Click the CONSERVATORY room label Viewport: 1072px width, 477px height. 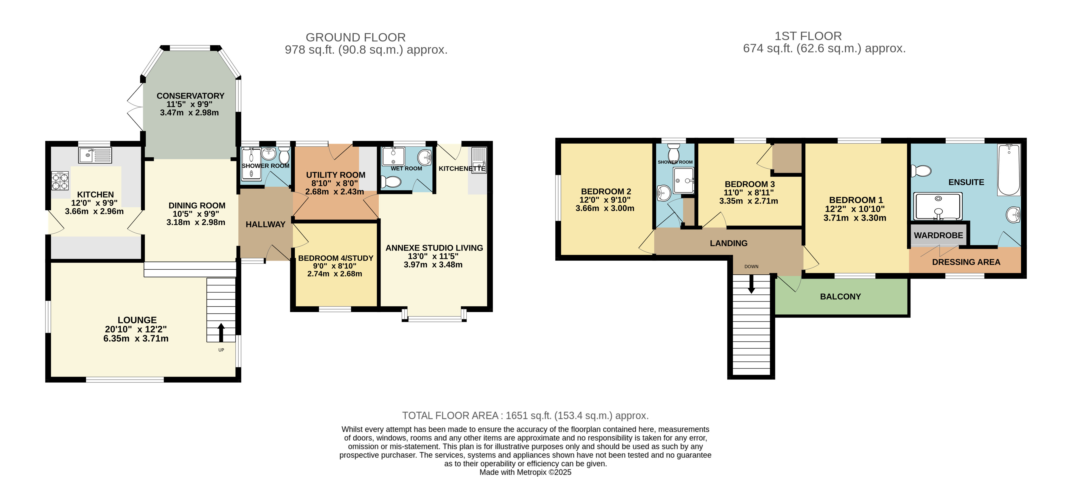tap(190, 96)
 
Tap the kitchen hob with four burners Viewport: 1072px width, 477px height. tap(60, 181)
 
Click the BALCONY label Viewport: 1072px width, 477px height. tap(840, 297)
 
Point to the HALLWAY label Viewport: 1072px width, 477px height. tap(265, 224)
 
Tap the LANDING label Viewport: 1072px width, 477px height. tap(729, 243)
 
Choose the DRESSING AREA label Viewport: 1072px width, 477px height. tap(966, 262)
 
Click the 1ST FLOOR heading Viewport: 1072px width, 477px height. tap(808, 36)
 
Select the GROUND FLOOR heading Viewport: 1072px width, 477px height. tap(356, 38)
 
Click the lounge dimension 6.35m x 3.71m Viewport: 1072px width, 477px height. tap(136, 339)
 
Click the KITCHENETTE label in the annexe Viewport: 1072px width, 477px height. tap(462, 169)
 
